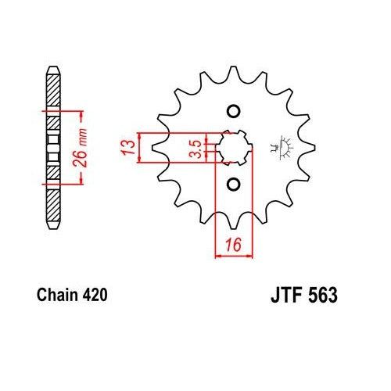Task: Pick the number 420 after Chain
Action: pyautogui.click(x=91, y=296)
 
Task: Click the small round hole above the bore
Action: pyautogui.click(x=232, y=110)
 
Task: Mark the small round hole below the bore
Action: pyautogui.click(x=232, y=185)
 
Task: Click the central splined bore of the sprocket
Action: pyautogui.click(x=233, y=147)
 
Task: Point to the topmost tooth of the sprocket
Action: pyautogui.click(x=232, y=69)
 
